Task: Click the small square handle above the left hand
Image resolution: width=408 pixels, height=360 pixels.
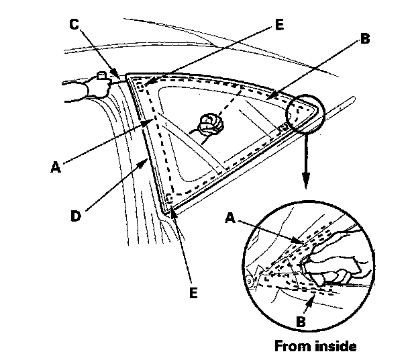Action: (x=101, y=76)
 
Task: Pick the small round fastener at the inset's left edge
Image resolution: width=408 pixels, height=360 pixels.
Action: (x=251, y=277)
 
